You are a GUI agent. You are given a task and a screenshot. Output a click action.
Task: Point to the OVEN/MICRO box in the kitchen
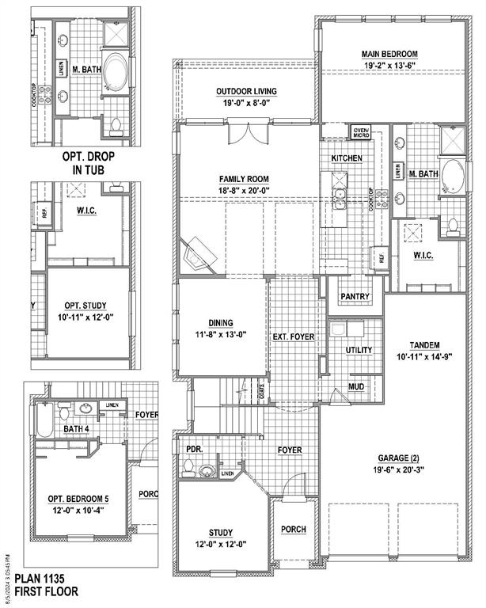pos(362,132)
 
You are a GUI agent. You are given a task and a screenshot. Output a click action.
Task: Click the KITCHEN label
pos(347,158)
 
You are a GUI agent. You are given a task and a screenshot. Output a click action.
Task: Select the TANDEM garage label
pos(424,345)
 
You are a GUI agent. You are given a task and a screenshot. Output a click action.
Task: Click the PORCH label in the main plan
pos(294,530)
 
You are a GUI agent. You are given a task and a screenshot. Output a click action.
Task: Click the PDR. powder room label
pos(194,449)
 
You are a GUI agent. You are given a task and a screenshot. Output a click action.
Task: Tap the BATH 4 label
pos(77,429)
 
